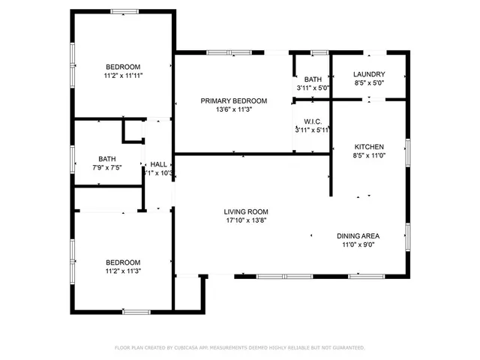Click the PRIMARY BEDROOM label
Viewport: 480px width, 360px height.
point(233,100)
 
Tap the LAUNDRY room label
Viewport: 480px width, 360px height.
point(370,74)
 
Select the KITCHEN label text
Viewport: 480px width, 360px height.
point(370,147)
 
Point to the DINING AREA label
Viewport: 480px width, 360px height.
point(358,235)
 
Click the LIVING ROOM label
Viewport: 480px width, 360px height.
point(246,211)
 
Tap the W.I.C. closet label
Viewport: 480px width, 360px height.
point(313,121)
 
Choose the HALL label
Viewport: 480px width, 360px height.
point(159,164)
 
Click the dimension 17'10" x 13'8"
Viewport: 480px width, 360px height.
point(246,220)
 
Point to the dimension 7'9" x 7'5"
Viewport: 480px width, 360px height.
point(107,168)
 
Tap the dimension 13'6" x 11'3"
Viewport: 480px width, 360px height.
point(233,109)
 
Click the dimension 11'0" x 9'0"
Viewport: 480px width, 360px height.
point(358,244)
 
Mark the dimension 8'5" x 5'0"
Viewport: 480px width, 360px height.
point(370,83)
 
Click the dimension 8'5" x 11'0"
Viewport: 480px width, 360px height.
point(370,156)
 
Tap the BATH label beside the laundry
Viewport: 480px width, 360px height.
point(313,79)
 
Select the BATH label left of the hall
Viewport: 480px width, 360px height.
point(107,159)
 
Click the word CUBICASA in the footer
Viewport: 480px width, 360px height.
point(189,348)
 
